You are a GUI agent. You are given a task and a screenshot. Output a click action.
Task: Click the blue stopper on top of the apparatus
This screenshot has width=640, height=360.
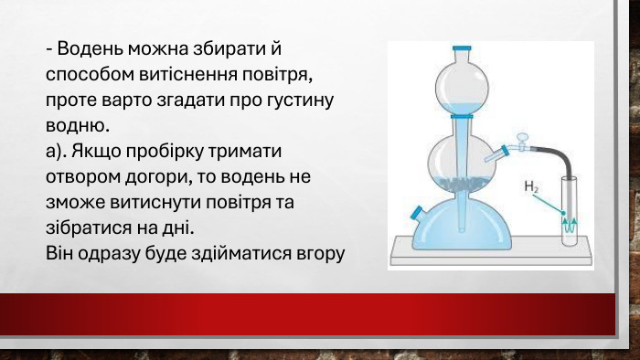pos(464,48)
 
